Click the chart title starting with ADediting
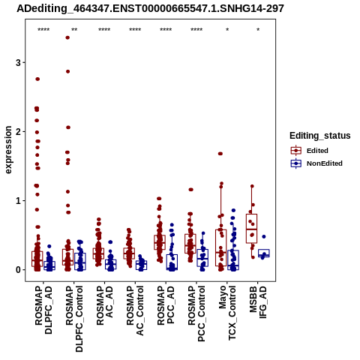tap(150, 8)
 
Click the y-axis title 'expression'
tap(8, 150)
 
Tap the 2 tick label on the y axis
tap(18, 131)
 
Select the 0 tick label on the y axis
tap(18, 270)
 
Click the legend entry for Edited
tap(317, 151)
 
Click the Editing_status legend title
tap(320, 136)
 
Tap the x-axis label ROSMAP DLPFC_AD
tap(43, 310)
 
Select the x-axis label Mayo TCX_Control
tap(227, 313)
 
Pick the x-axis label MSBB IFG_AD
tap(258, 302)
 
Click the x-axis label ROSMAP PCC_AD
tap(166, 306)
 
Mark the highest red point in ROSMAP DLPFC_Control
tap(67, 37)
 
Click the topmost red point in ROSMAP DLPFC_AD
tap(37, 79)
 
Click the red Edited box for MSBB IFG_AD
tap(251, 229)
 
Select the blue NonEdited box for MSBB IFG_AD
tap(264, 253)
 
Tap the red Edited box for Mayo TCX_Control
tap(220, 247)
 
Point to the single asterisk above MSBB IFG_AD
tap(258, 30)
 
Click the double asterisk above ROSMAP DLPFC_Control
tap(74, 30)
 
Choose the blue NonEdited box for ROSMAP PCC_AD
tap(172, 262)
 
